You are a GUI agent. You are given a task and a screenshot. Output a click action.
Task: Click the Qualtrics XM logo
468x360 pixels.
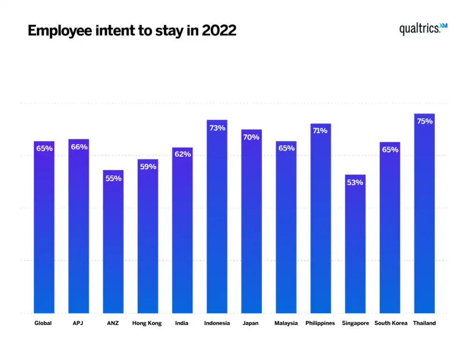pos(423,29)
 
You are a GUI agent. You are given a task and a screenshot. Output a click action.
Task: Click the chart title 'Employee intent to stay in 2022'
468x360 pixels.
pos(132,30)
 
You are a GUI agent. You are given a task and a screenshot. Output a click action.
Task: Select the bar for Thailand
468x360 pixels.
pos(424,215)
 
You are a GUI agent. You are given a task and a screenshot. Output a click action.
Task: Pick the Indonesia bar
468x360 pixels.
pos(217,217)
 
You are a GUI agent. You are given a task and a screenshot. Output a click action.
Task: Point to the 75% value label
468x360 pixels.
pos(424,121)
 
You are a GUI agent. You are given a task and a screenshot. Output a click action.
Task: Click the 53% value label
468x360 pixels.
pos(355,182)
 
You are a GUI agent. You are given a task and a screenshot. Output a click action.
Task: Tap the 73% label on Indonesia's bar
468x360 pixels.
pos(217,128)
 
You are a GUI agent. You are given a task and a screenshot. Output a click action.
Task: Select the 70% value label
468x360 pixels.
pos(251,137)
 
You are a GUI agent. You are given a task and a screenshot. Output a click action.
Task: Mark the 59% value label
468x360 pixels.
pos(148,166)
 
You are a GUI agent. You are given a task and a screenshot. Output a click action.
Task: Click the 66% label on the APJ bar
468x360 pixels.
pos(79,147)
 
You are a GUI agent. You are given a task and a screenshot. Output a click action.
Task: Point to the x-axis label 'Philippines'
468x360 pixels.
pos(320,323)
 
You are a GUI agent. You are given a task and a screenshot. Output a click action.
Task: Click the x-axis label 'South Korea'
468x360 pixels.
pos(391,323)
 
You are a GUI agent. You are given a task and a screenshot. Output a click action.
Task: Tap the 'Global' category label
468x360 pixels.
pos(43,323)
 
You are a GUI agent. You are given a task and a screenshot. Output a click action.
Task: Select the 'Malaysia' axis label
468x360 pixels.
pos(286,323)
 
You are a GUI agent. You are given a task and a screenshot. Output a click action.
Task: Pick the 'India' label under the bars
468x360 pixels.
pos(182,323)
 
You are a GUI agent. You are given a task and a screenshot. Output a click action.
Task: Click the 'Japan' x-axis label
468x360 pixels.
pos(251,323)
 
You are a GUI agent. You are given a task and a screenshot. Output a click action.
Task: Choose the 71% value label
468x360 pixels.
pos(320,131)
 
